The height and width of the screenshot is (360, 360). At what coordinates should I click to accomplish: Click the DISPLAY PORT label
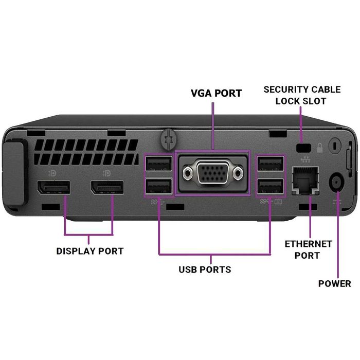[x=89, y=251]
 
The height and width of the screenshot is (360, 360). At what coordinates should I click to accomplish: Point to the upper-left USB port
[x=159, y=164]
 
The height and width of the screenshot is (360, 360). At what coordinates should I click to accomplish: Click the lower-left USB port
[x=159, y=186]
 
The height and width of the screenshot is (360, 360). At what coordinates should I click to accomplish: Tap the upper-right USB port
[x=271, y=164]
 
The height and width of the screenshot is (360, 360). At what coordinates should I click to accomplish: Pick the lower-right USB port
[x=271, y=186]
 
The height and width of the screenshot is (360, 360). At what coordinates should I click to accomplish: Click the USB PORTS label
[x=205, y=269]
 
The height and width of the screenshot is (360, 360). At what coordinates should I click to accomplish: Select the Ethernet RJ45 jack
[x=305, y=179]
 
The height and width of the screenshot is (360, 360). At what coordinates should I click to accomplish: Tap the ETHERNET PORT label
[x=309, y=249]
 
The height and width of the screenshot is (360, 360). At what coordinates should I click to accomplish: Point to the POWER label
[x=334, y=283]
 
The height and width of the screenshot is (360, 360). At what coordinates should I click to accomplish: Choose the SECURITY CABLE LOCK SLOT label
[x=302, y=95]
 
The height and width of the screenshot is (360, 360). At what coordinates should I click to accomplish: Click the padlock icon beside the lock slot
[x=319, y=147]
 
